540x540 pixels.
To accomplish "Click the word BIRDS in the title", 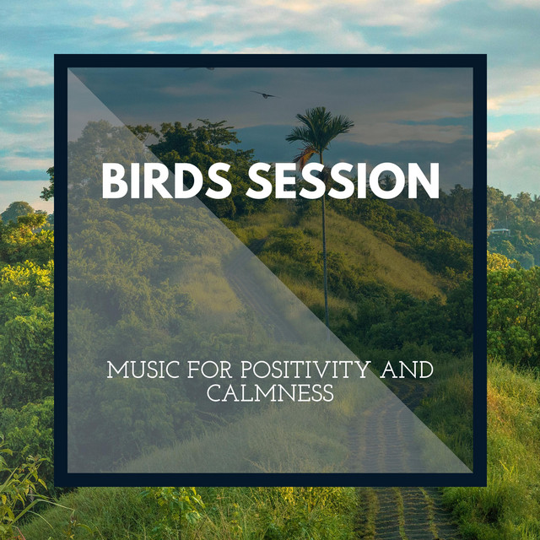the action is (x=166, y=181).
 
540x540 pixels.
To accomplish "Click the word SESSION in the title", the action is (x=343, y=181).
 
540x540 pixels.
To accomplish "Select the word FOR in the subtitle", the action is (x=210, y=370).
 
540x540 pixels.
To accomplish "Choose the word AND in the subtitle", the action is (x=407, y=370).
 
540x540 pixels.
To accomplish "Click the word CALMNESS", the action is (x=270, y=393).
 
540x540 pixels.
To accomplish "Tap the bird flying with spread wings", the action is (x=264, y=94).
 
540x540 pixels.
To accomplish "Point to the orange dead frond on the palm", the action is (x=305, y=157).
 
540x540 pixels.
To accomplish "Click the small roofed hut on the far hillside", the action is (x=499, y=231).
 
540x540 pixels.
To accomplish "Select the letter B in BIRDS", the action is (x=115, y=181).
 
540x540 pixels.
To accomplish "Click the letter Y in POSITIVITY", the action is (x=361, y=370).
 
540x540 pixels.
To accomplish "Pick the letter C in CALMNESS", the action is (x=215, y=393).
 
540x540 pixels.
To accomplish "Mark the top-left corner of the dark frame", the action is (x=54, y=54).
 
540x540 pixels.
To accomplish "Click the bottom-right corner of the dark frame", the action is (x=486, y=486).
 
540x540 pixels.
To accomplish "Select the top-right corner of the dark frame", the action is (x=486, y=54).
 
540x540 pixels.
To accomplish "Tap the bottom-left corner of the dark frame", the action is (x=54, y=486).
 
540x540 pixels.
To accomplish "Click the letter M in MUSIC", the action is (x=116, y=370).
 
